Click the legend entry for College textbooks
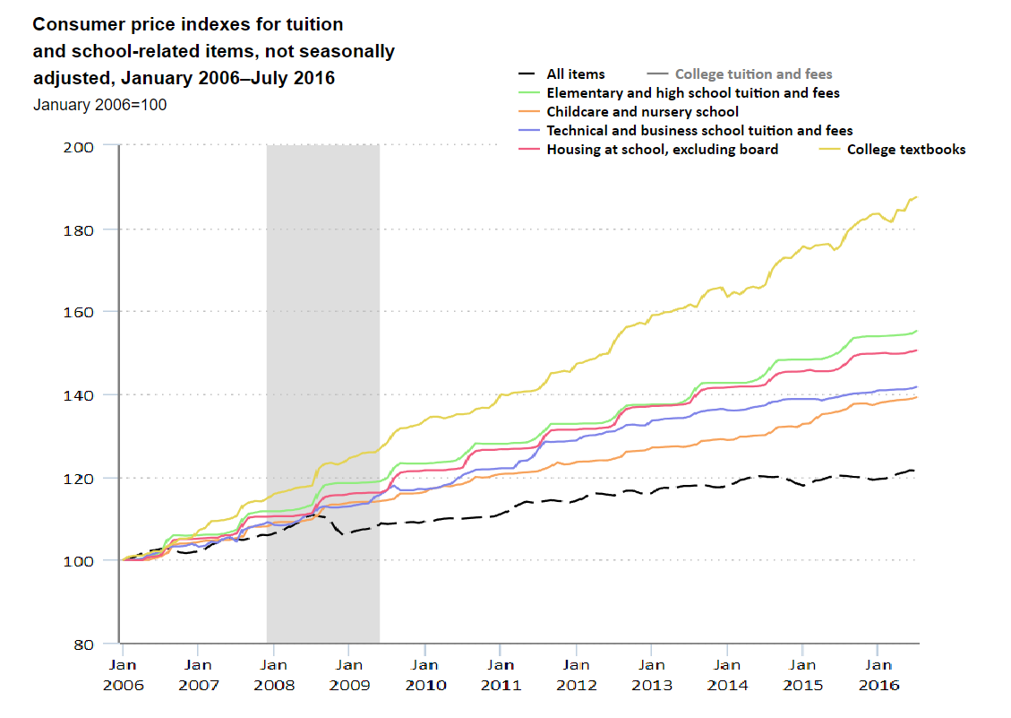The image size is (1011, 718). click(x=906, y=150)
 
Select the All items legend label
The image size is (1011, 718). click(x=576, y=74)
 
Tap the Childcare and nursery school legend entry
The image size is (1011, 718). click(x=642, y=112)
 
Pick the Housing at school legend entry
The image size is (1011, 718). click(x=662, y=150)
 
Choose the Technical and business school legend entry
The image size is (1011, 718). click(x=699, y=131)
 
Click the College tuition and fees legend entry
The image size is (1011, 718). click(x=753, y=74)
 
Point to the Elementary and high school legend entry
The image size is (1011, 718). click(x=693, y=93)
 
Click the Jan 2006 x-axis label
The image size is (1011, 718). click(x=123, y=673)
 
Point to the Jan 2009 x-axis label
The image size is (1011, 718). click(x=349, y=673)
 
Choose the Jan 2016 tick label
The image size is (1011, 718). click(x=878, y=673)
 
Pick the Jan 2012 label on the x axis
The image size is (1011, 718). click(x=576, y=673)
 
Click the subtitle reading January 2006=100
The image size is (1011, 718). click(x=99, y=105)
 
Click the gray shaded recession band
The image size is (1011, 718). click(x=322, y=359)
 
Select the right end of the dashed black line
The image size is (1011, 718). click(x=914, y=471)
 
